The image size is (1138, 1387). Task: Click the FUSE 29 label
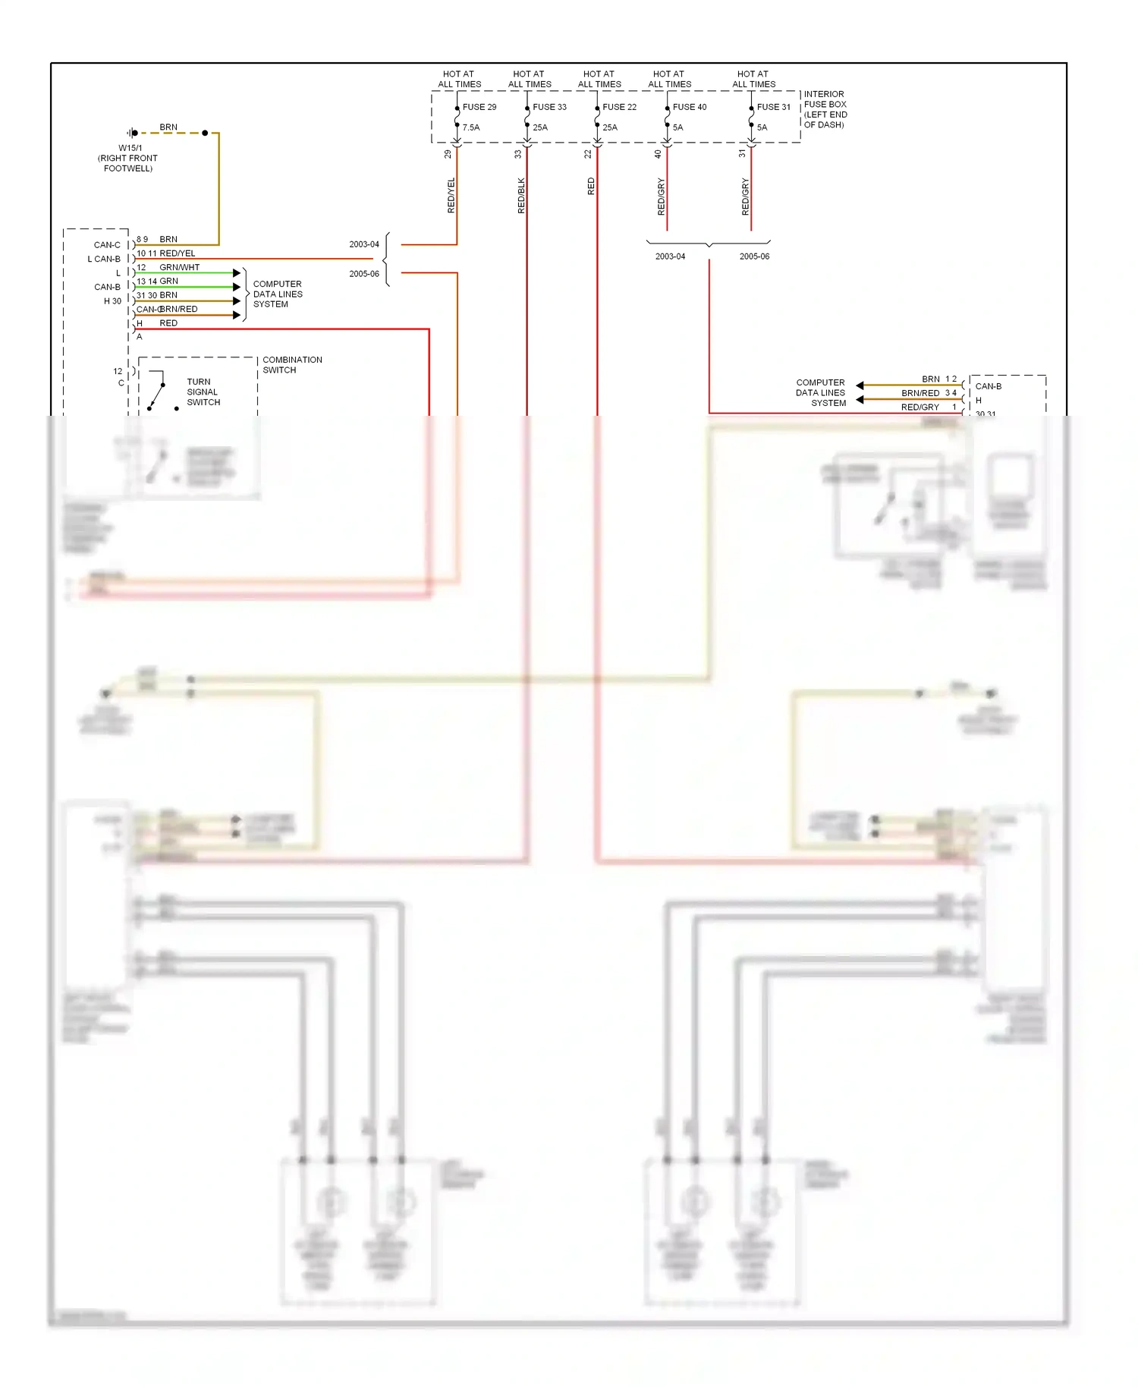pyautogui.click(x=479, y=107)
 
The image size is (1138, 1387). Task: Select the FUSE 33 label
pyautogui.click(x=549, y=107)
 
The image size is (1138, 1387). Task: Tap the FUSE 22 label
pyautogui.click(x=619, y=107)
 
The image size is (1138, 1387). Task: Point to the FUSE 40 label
pyautogui.click(x=689, y=107)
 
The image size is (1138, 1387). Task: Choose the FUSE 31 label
pyautogui.click(x=773, y=107)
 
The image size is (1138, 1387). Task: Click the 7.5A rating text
pyautogui.click(x=471, y=127)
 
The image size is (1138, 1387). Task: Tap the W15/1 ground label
pyautogui.click(x=130, y=148)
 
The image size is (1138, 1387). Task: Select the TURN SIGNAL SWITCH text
pyautogui.click(x=203, y=392)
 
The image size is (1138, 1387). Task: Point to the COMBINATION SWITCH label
pyautogui.click(x=292, y=365)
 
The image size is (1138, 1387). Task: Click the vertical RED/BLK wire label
pyautogui.click(x=521, y=195)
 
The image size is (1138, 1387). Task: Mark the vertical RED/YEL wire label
pyautogui.click(x=451, y=195)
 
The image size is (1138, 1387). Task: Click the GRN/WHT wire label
pyautogui.click(x=180, y=267)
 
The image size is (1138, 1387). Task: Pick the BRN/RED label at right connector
pyautogui.click(x=920, y=393)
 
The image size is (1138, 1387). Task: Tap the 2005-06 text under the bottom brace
pyautogui.click(x=754, y=256)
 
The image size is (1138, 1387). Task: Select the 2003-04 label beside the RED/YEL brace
pyautogui.click(x=364, y=244)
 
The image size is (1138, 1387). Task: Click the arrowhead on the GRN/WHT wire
pyautogui.click(x=237, y=272)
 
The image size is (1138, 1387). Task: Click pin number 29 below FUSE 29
pyautogui.click(x=448, y=154)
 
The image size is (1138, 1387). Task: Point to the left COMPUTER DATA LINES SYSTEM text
pyautogui.click(x=278, y=294)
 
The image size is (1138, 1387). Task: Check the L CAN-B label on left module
pyautogui.click(x=104, y=259)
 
